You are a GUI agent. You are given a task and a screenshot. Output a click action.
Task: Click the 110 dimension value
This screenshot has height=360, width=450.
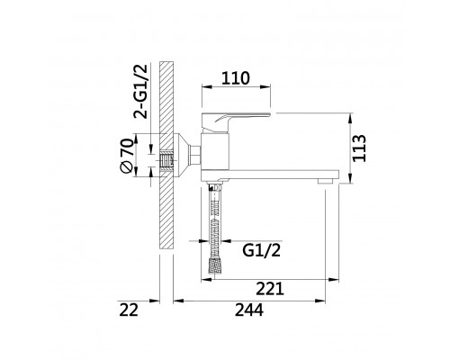click(x=236, y=78)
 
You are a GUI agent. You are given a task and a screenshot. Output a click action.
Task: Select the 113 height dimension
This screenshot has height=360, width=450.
click(x=359, y=148)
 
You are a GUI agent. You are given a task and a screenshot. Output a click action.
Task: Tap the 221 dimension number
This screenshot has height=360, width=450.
click(x=270, y=289)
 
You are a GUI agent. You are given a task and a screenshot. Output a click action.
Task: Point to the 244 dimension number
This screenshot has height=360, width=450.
click(x=249, y=310)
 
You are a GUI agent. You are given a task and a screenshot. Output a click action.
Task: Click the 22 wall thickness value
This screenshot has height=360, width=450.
click(x=129, y=310)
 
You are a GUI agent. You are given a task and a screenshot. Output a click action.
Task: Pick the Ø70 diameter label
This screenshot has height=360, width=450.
click(x=126, y=156)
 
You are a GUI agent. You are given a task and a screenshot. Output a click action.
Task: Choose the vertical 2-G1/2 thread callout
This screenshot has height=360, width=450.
click(x=140, y=92)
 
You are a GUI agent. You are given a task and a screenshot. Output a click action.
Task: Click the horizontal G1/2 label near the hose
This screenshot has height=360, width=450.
click(x=261, y=250)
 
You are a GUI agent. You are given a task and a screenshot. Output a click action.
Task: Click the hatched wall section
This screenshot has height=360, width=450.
click(x=166, y=155)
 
